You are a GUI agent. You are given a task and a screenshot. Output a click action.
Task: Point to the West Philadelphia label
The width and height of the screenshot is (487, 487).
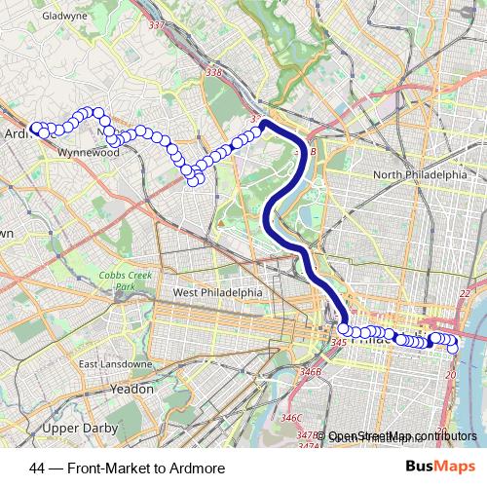coord(217,292)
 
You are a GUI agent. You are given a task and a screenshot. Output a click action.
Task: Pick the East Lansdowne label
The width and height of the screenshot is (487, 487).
coord(115,364)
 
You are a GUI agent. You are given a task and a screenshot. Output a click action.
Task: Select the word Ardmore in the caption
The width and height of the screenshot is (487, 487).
coord(198,468)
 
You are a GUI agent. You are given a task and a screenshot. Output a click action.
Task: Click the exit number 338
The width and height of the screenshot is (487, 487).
coord(215,72)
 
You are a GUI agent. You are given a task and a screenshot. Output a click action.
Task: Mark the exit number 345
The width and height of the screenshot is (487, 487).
coord(339,342)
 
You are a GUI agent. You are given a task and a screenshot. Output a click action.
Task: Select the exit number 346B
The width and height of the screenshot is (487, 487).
coord(310,371)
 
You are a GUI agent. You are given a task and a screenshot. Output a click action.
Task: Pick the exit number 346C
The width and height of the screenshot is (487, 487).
coord(291,417)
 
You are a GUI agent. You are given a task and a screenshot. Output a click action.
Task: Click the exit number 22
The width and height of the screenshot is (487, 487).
coord(465,293)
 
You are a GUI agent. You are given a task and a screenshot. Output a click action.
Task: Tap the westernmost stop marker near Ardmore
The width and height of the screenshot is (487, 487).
coord(36,128)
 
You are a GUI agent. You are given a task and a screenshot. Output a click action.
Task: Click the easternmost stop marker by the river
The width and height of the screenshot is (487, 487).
coord(452,348)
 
